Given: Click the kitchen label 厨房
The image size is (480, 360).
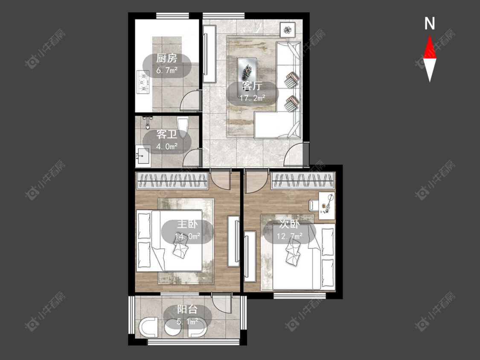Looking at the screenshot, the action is (166, 58).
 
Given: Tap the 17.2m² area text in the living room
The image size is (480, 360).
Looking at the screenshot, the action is (252, 98).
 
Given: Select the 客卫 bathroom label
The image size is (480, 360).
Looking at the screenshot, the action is (167, 134).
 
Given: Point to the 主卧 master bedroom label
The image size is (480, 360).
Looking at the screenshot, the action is (187, 224).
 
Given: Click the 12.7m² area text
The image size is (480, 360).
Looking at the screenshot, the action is (290, 236).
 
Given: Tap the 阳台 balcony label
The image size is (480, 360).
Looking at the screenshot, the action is (187, 310).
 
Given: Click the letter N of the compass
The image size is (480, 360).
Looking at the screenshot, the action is (430, 23).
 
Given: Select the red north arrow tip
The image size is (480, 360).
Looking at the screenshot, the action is (430, 35).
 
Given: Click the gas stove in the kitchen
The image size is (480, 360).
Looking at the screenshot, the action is (143, 82).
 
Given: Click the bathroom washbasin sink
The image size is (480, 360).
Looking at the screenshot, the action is (143, 156).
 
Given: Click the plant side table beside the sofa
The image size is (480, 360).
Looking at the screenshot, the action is (288, 30).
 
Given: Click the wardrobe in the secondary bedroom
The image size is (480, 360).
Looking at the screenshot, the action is (303, 180).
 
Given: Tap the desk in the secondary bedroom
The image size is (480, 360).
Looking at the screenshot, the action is (327, 206).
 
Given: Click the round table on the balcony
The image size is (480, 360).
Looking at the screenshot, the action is (173, 330).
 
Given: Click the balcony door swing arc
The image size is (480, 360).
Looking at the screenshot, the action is (221, 303).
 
